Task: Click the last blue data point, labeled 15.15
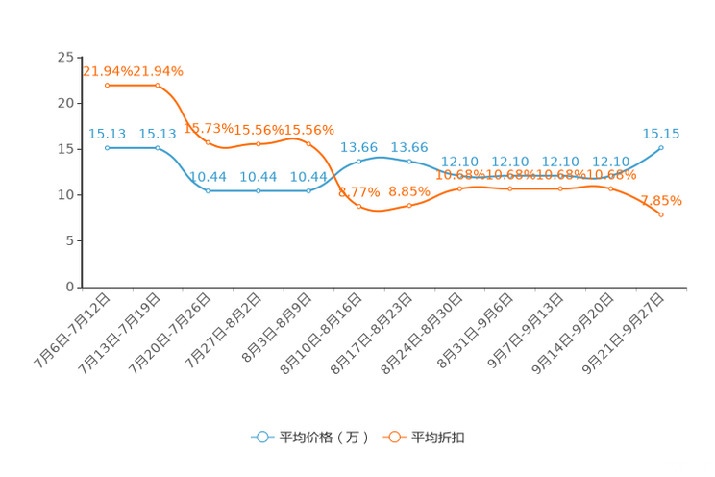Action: (x=661, y=147)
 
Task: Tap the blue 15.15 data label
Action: (x=661, y=134)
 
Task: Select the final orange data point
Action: (x=661, y=214)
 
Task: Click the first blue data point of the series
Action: (x=107, y=147)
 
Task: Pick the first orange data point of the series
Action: (x=107, y=86)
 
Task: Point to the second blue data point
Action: (x=157, y=147)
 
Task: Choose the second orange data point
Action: (x=157, y=86)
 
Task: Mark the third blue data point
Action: (x=208, y=190)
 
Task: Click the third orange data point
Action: (x=208, y=143)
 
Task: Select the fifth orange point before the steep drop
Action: (x=308, y=142)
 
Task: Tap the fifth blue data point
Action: (x=308, y=190)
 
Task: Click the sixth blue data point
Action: (x=358, y=161)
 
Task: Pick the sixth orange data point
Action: (x=358, y=206)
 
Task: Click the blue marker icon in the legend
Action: (x=261, y=437)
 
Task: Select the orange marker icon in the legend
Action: (x=394, y=437)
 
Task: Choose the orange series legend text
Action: (x=440, y=438)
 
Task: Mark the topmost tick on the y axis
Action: (x=79, y=57)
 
